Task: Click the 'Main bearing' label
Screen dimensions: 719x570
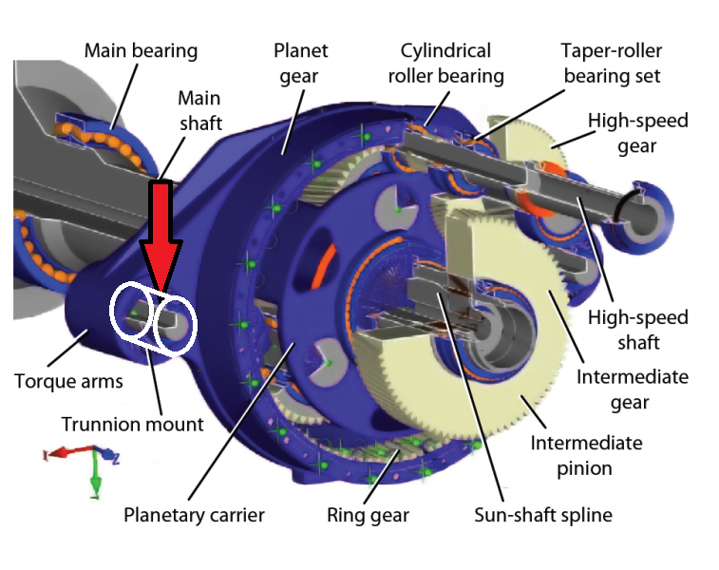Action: (141, 50)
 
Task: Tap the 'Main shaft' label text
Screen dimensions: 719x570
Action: (200, 110)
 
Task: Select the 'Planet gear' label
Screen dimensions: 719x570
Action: (300, 64)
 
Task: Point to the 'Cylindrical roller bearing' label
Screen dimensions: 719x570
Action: (445, 64)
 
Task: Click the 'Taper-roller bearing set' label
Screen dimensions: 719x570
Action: (612, 64)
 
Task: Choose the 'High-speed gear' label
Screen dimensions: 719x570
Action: (638, 133)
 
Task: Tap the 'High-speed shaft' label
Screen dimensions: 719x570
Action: (638, 330)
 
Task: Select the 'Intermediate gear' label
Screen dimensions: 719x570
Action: (632, 389)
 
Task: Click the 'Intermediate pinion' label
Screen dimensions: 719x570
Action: (586, 455)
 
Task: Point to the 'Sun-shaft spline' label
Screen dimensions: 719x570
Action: (543, 515)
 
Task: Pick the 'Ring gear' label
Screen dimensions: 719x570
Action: (368, 515)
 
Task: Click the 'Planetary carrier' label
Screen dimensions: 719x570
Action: (194, 515)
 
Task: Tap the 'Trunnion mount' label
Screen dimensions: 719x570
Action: (133, 425)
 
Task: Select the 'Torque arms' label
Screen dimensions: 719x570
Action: (68, 382)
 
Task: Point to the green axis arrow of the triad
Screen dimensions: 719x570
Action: (95, 473)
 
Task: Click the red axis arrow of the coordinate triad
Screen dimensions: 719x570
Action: (68, 451)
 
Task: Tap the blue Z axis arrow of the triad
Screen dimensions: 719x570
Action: (107, 454)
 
